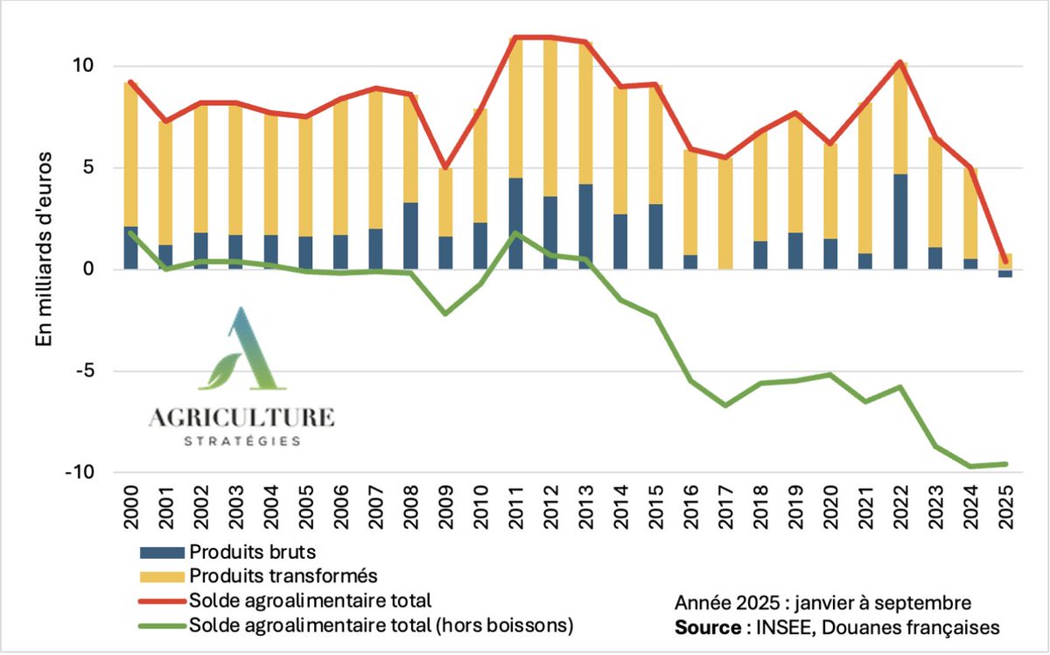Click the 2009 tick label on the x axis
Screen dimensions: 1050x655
(445, 507)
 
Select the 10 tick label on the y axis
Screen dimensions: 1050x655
(82, 66)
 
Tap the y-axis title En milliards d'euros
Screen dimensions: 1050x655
(44, 250)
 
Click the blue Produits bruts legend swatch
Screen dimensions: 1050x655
(162, 553)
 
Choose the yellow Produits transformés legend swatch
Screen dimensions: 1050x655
(162, 577)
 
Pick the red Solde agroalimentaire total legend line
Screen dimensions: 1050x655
(162, 601)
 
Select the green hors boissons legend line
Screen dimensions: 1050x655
(162, 626)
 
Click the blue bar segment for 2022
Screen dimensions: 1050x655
(900, 222)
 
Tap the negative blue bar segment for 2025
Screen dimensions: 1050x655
(1005, 273)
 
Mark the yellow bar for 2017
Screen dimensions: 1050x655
(725, 214)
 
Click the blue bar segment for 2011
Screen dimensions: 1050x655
(515, 223)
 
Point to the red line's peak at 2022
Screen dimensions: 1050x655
(900, 62)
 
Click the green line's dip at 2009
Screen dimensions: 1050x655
(445, 313)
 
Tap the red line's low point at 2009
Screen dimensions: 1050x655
(445, 168)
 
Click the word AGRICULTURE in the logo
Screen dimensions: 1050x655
(241, 418)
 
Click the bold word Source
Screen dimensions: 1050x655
(708, 627)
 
